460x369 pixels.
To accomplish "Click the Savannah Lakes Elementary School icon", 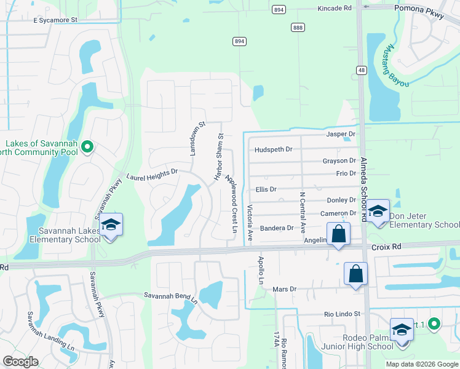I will tap(111, 225).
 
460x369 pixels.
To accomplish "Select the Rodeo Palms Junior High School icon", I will tap(402, 330).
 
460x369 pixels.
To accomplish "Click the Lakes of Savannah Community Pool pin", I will tap(87, 146).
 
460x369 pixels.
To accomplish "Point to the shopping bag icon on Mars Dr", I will tap(356, 274).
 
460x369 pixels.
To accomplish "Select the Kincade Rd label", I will tap(335, 9).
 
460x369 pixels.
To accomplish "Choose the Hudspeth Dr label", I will tap(273, 149).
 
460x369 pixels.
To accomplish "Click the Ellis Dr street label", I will tap(266, 189).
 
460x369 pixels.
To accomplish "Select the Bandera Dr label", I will tap(277, 228).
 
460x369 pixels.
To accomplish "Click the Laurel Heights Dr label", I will tap(152, 175).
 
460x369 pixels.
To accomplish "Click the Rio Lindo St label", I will tap(342, 314).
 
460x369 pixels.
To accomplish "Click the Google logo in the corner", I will tap(21, 361).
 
